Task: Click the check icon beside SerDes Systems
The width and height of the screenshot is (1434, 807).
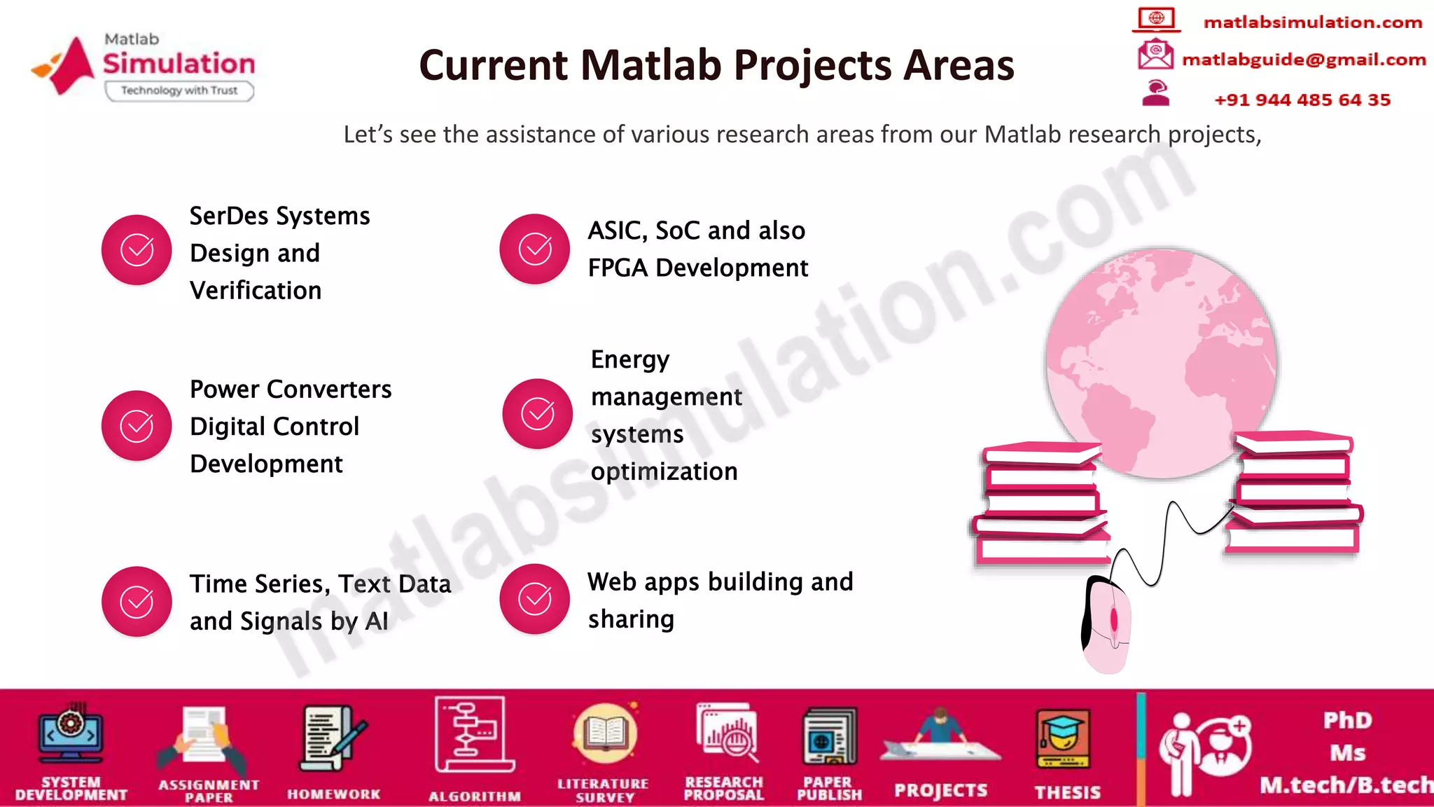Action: click(x=137, y=250)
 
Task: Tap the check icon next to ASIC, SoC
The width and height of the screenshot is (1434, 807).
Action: click(x=534, y=249)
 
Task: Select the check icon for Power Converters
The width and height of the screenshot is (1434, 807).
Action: click(x=137, y=425)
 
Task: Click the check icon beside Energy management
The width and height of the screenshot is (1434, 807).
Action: click(x=537, y=414)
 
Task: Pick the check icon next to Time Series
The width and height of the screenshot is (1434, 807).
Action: click(x=137, y=602)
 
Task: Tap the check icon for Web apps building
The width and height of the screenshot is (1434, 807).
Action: click(x=534, y=599)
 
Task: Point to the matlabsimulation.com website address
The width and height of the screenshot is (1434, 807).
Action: click(x=1312, y=22)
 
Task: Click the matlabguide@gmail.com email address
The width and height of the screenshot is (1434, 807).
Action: click(x=1303, y=60)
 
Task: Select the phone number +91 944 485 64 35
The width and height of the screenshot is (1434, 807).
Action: click(x=1302, y=100)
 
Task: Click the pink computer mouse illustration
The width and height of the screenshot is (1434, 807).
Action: click(x=1106, y=626)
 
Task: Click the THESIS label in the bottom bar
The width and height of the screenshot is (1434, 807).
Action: click(x=1067, y=792)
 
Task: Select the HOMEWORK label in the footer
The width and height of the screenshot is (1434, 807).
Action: click(x=333, y=794)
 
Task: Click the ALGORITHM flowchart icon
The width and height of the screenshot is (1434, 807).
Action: click(x=473, y=734)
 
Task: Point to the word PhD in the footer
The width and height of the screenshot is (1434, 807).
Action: click(x=1347, y=720)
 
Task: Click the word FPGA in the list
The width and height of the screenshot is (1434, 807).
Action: click(x=618, y=268)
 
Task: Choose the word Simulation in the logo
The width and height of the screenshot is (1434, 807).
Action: click(x=179, y=64)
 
